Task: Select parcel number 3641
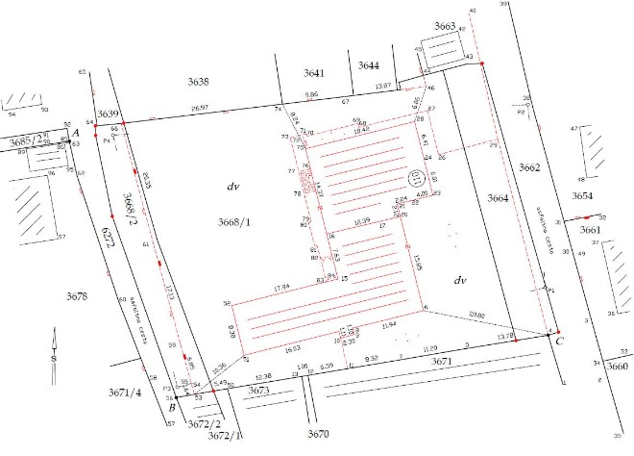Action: [x=315, y=73]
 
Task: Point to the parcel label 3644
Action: [x=370, y=64]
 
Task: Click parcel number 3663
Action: [x=446, y=25]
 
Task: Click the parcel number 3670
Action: [x=318, y=435]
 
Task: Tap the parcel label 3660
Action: [x=618, y=367]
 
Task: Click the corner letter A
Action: [x=75, y=132]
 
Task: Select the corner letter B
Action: [x=171, y=408]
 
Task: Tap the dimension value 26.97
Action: [x=200, y=108]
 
